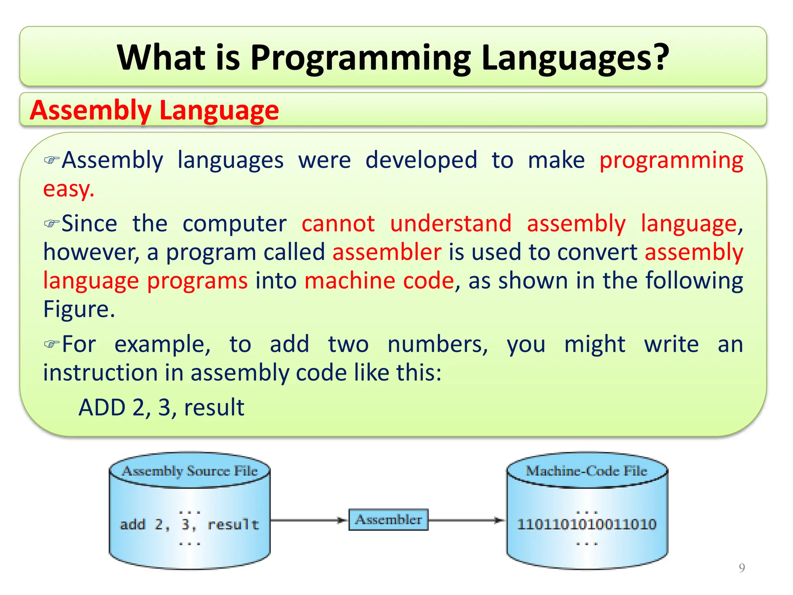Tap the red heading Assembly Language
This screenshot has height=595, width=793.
point(154,110)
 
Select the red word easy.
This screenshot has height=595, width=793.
point(68,189)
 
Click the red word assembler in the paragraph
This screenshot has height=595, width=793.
point(386,252)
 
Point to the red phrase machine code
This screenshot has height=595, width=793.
point(379,281)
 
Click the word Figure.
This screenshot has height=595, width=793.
point(79,309)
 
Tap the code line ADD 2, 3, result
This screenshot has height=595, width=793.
point(161,408)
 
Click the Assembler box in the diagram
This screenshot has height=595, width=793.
point(388,520)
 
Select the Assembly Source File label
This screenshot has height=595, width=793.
point(190,471)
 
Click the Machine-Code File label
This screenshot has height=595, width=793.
point(586,471)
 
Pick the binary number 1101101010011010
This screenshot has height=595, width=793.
point(586,524)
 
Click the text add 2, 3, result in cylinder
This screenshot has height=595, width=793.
point(189,524)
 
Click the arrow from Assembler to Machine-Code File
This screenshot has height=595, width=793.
point(467,520)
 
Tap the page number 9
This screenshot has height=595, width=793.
point(742,568)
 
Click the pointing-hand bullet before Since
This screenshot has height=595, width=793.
point(51,224)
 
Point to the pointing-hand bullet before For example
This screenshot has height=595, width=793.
point(51,344)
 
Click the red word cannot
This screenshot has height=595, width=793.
point(338,224)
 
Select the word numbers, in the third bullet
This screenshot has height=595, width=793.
point(438,344)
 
